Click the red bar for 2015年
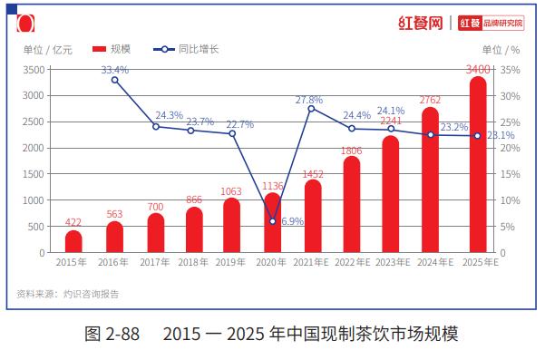[73, 241]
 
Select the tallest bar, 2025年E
[478, 164]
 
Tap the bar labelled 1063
[231, 225]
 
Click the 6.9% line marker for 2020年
[272, 221]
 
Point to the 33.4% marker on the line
[114, 81]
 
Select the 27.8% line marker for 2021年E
[311, 109]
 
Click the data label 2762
[430, 100]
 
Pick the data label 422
[73, 222]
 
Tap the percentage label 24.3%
[170, 115]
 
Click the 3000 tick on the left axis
[34, 95]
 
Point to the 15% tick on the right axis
[510, 174]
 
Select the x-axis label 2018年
[193, 262]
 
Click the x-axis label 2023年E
[393, 262]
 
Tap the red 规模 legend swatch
[99, 49]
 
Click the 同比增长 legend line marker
[164, 49]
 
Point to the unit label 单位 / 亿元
[48, 50]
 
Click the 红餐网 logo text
[421, 24]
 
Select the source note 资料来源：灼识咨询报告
[67, 294]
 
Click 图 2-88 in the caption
[112, 334]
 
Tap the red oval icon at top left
[25, 24]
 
